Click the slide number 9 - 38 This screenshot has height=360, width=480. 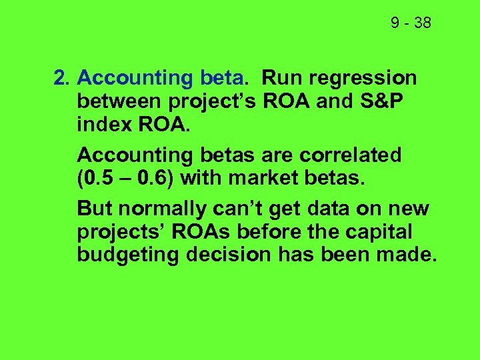coord(411,23)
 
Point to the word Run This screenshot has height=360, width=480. coord(281,79)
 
